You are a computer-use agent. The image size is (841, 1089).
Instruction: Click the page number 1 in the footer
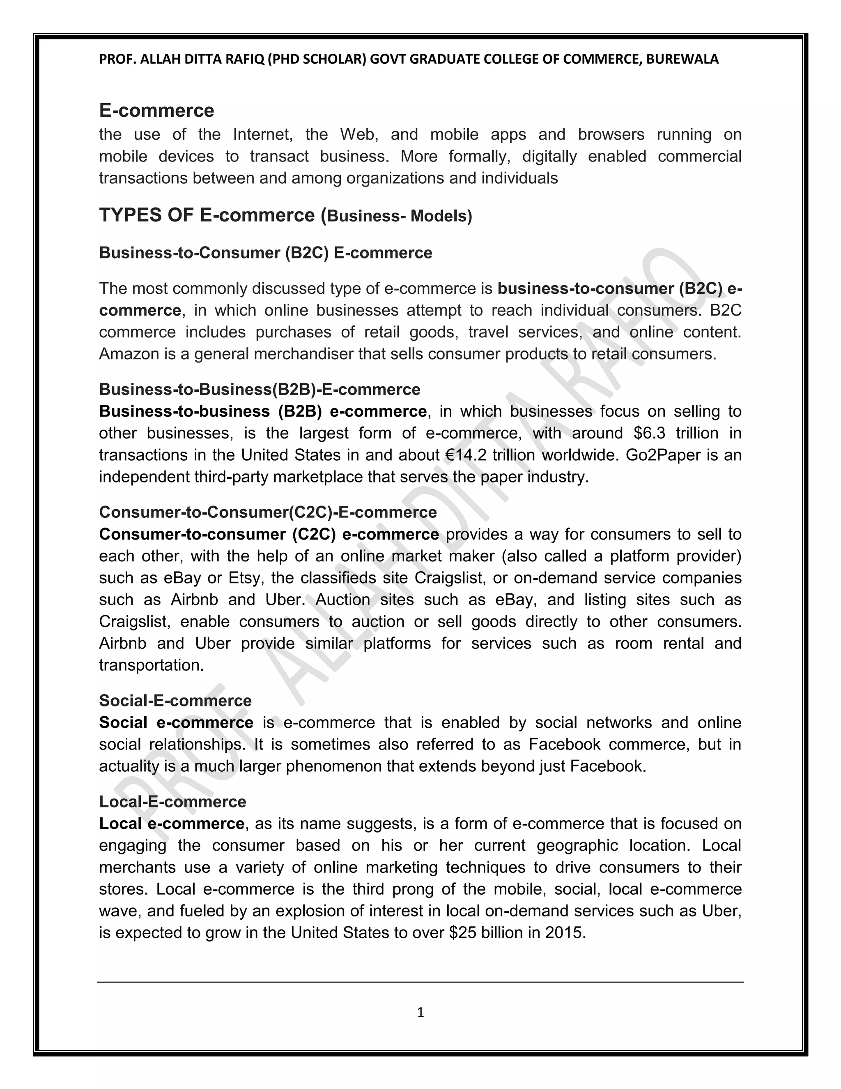[x=420, y=1012]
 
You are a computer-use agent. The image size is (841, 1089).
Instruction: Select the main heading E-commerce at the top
[x=156, y=110]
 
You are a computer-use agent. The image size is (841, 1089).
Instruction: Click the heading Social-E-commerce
[x=175, y=701]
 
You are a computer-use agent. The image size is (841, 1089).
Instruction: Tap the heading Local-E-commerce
[x=172, y=801]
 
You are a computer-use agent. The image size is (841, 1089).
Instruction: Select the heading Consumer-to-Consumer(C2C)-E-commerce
[x=268, y=512]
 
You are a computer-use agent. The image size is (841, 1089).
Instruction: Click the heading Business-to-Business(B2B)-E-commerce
[x=260, y=390]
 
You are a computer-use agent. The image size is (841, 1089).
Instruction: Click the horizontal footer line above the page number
[x=420, y=982]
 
